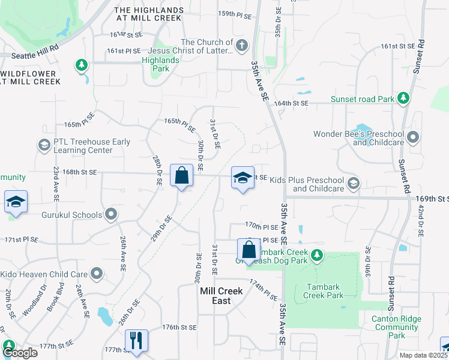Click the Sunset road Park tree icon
click(404, 98)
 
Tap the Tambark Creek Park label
click(324, 291)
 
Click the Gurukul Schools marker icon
click(111, 214)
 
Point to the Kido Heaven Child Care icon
click(97, 274)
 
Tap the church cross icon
click(241, 46)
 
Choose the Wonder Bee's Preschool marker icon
click(412, 138)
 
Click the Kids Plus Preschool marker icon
click(354, 183)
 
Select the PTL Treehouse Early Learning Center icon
click(44, 145)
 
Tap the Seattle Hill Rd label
click(38, 47)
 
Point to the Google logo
click(19, 353)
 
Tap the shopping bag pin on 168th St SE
click(182, 176)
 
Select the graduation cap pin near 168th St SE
click(243, 178)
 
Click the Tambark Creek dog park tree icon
click(318, 256)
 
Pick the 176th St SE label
click(179, 327)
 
